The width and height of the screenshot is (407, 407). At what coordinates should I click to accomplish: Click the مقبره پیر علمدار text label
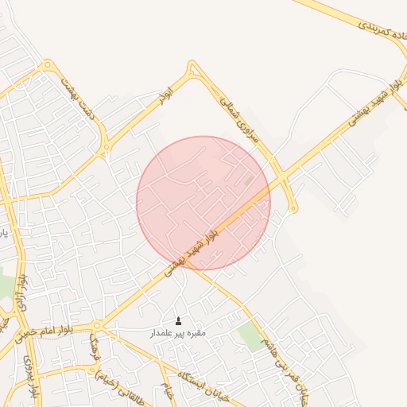pyautogui.click(x=178, y=333)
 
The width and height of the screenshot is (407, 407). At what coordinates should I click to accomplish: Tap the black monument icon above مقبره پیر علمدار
pyautogui.click(x=178, y=321)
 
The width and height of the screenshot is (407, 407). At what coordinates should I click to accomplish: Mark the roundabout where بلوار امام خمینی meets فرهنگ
pyautogui.click(x=97, y=326)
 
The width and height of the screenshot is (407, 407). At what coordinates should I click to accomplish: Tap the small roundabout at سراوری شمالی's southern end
pyautogui.click(x=293, y=209)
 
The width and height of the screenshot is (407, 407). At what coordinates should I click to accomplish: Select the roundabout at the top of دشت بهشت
pyautogui.click(x=48, y=65)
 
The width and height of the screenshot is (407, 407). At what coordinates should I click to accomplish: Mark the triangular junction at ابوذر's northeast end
pyautogui.click(x=191, y=72)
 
